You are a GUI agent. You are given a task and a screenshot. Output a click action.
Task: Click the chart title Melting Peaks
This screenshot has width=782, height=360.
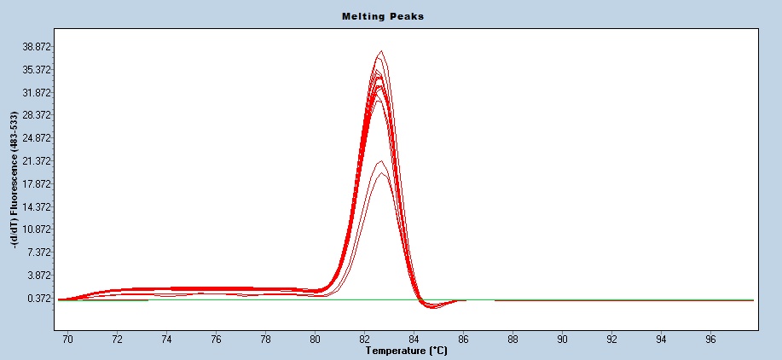382,16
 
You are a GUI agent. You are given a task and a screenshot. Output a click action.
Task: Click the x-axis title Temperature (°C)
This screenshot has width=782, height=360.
406,351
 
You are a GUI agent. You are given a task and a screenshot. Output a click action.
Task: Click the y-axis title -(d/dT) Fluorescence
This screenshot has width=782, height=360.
15,179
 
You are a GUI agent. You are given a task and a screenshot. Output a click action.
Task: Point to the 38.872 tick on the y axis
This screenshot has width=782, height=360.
39,46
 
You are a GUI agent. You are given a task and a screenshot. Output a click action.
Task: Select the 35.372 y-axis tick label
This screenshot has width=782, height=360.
39,69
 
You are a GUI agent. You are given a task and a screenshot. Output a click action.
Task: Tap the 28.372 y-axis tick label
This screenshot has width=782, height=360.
39,115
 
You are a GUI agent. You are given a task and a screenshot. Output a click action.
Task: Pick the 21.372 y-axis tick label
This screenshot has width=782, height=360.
39,161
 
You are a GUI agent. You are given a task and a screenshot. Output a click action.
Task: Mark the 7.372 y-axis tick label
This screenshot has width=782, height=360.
42,253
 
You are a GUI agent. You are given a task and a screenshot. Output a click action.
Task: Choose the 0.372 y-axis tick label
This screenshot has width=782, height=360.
42,299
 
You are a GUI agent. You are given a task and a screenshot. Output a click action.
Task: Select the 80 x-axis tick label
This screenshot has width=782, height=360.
316,340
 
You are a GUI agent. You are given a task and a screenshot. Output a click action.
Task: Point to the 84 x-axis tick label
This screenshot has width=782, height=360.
414,340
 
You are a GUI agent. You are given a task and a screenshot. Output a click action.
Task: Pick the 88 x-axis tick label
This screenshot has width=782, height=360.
513,340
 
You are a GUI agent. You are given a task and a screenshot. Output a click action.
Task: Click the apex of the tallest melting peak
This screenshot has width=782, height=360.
381,50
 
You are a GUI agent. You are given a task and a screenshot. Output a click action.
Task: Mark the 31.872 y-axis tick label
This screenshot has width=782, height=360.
39,92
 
